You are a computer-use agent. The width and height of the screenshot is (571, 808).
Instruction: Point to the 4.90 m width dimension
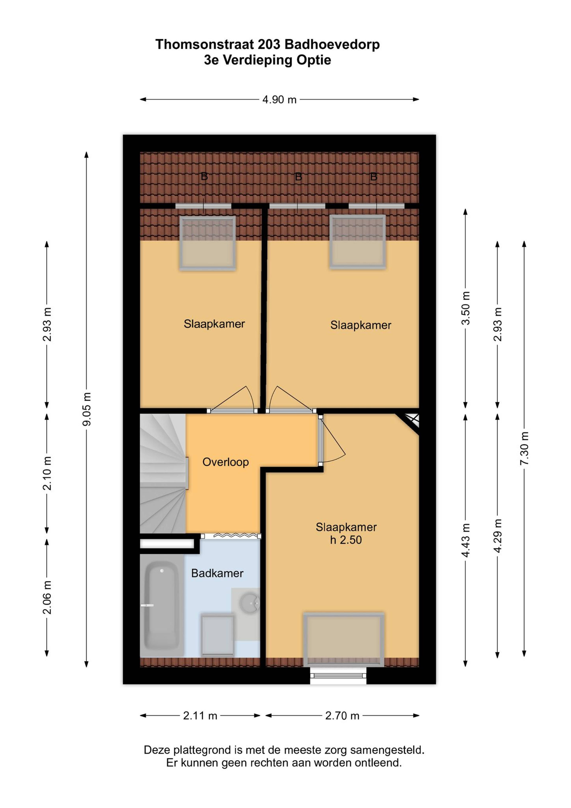click(x=279, y=100)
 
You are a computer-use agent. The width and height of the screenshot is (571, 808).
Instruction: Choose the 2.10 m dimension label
click(x=47, y=473)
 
